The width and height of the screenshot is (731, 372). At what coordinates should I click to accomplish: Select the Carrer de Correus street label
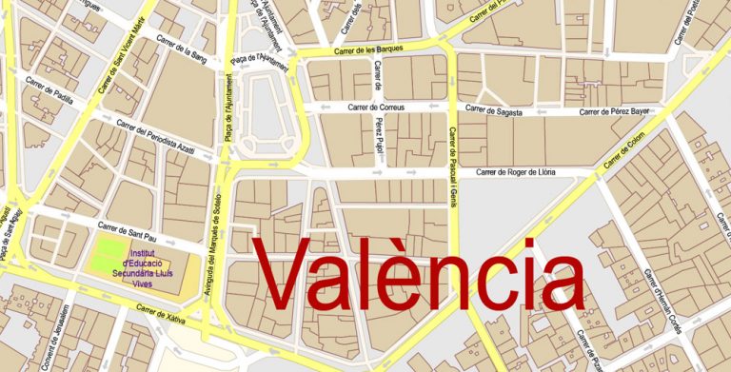(x=375, y=108)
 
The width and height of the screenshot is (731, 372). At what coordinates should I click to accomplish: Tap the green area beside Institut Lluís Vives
(x=109, y=253)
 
